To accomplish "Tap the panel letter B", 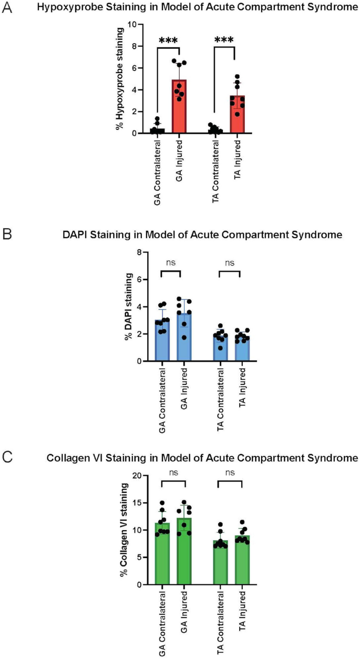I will pos(7,235).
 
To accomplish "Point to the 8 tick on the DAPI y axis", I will pos(139,252).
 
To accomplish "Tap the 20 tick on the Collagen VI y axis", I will pos(137,475).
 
